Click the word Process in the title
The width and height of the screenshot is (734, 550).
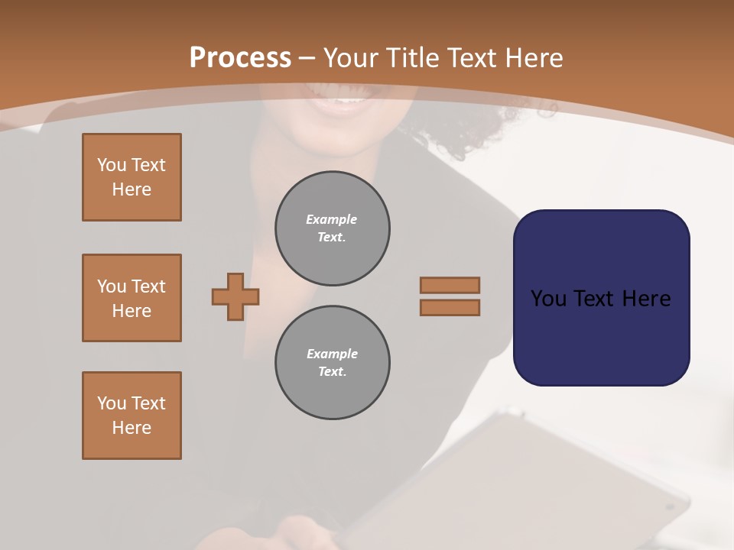tap(240, 57)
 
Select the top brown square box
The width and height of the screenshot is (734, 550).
tap(132, 177)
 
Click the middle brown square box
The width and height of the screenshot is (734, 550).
tap(132, 298)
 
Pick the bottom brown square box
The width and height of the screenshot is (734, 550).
tap(132, 416)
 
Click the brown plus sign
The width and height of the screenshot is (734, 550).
tap(235, 296)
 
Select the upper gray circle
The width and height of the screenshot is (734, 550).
tap(333, 228)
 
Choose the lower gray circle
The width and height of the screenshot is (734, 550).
tap(333, 363)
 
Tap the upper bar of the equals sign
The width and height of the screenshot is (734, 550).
tap(450, 285)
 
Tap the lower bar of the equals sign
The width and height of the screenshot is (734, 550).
tap(450, 307)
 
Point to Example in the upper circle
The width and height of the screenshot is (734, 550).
tap(331, 219)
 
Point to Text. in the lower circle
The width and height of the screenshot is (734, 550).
tap(332, 371)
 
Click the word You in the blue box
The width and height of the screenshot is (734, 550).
tap(548, 298)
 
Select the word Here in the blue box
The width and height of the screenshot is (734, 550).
tap(646, 298)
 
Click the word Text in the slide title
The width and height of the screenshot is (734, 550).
tap(472, 57)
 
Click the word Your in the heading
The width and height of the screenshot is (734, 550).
tap(351, 57)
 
